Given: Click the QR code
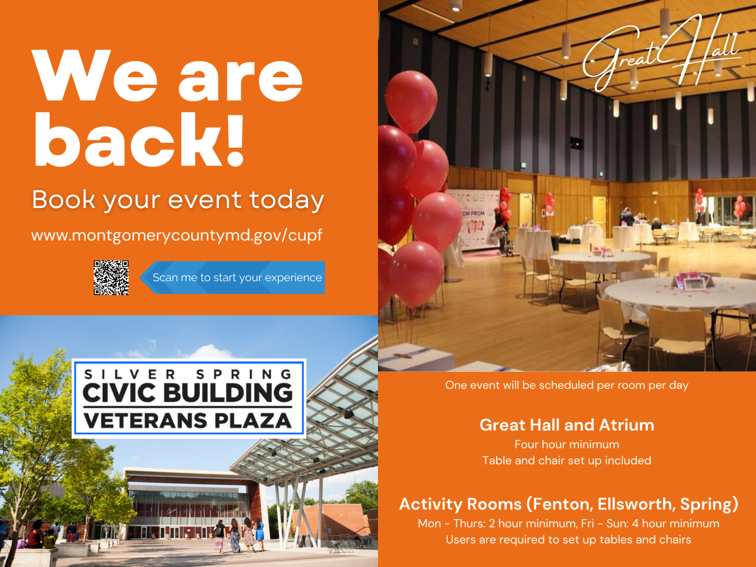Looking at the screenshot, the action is (111, 277).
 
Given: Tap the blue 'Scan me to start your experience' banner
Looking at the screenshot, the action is (232, 277).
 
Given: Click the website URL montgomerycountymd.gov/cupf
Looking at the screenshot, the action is (177, 235).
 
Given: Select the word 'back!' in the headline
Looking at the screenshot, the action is (139, 139).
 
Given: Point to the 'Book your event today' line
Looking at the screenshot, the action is (178, 200).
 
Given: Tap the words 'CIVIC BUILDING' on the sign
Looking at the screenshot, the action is (188, 393).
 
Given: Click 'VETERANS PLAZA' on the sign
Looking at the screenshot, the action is (188, 421).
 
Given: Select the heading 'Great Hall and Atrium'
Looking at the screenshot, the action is (567, 425).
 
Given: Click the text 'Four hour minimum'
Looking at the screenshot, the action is (567, 445).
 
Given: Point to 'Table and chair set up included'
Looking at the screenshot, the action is (567, 461).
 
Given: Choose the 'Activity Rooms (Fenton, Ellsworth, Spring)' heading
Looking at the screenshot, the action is (568, 504).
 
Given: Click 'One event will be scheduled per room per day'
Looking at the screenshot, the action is (567, 385).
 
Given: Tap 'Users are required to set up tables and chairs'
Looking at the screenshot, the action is (568, 540).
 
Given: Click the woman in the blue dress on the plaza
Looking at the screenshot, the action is (259, 534).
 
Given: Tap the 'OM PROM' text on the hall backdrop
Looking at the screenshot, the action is (473, 214).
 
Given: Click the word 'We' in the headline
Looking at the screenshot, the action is (94, 76).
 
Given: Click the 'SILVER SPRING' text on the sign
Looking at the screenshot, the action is (188, 374).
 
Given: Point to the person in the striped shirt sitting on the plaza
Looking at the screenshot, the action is (34, 538).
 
